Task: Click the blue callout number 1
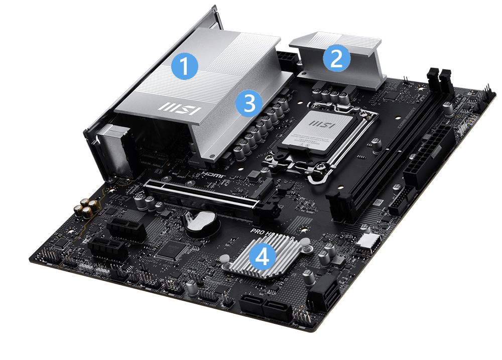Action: [x=185, y=66]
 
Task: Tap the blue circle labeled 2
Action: [x=336, y=58]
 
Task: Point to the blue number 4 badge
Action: [x=263, y=257]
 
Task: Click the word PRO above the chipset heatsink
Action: [x=260, y=232]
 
